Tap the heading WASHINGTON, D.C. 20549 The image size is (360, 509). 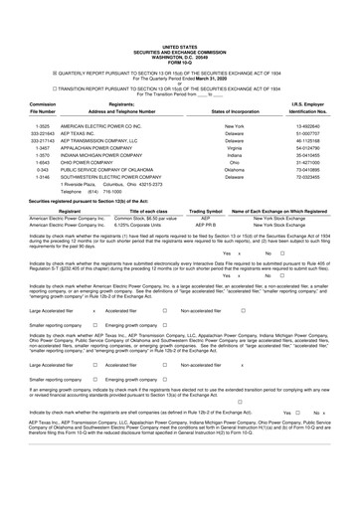click(x=180, y=27)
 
